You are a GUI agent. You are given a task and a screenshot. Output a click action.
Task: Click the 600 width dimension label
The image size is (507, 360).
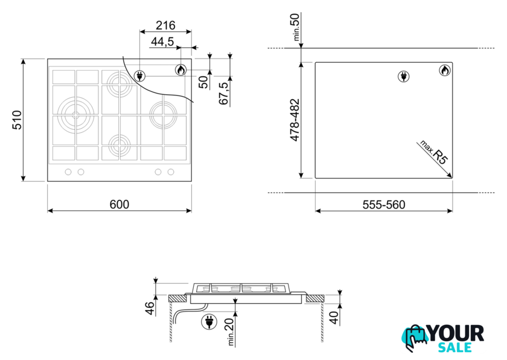[x=120, y=204]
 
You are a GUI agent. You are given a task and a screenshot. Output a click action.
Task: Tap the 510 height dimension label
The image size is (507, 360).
[x=17, y=120]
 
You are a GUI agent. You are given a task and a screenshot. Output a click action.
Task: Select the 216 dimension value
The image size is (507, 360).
[x=165, y=25]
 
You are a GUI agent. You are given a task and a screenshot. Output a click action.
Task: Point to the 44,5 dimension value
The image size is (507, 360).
[x=162, y=42]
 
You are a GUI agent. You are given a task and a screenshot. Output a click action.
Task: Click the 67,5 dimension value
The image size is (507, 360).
[x=223, y=93]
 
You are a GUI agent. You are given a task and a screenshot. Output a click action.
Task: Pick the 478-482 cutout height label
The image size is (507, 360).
[x=295, y=120]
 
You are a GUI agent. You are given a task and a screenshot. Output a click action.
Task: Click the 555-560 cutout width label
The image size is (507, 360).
[x=384, y=205]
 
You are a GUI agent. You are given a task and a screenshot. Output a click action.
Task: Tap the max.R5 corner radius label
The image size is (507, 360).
[x=435, y=152]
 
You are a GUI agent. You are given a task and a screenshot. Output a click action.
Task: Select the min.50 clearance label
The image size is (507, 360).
[x=296, y=27]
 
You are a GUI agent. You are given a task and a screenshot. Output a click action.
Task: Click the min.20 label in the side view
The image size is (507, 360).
[x=230, y=332]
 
